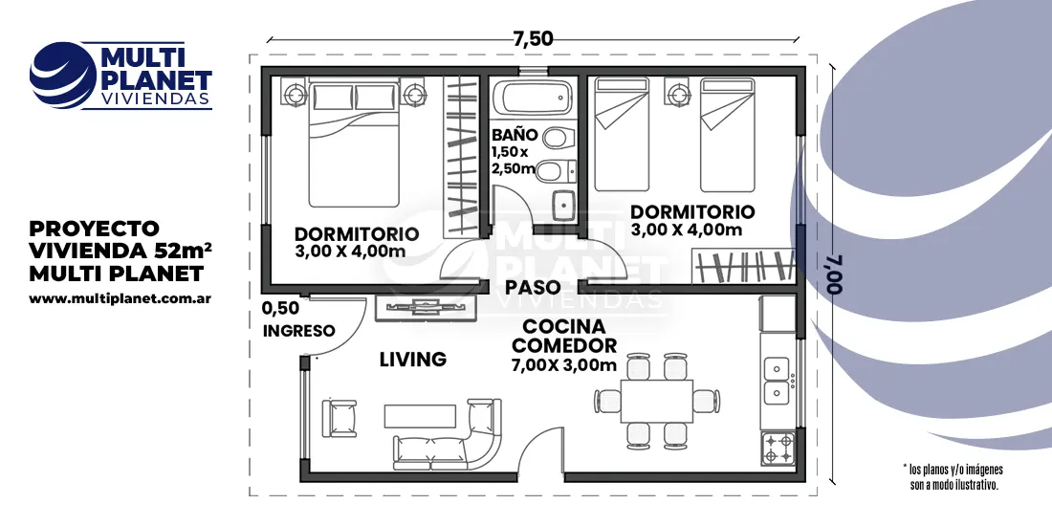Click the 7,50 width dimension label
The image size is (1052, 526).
[x=533, y=39]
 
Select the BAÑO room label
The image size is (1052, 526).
[x=514, y=134]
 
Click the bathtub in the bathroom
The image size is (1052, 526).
[x=532, y=99]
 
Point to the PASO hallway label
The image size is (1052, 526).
[x=533, y=287]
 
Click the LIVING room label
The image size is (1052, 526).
[x=412, y=360]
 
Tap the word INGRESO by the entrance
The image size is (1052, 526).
[x=298, y=331]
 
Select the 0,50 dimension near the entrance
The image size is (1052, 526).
[x=280, y=309]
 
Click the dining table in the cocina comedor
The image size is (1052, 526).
[x=656, y=401]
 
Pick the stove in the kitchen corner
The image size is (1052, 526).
[x=778, y=449]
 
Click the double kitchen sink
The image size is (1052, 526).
[x=777, y=380]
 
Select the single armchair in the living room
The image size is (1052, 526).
[x=340, y=418]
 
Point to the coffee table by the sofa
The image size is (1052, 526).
[x=420, y=415]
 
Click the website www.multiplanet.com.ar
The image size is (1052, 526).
[x=121, y=298]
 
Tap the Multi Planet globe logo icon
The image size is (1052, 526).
[x=63, y=76]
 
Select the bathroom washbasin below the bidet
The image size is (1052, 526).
[x=562, y=205]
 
